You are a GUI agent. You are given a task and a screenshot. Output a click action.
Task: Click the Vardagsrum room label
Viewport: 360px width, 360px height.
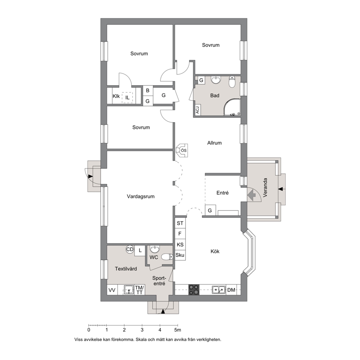140,197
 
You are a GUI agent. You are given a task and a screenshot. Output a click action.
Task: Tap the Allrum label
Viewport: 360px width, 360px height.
214,143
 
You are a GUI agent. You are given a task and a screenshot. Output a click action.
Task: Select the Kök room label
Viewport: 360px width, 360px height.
215,251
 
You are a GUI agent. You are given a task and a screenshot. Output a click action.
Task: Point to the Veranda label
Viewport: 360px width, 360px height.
265,188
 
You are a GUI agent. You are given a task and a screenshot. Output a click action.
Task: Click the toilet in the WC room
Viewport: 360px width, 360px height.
167,257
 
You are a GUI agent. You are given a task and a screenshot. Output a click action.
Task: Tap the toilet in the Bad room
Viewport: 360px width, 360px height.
232,82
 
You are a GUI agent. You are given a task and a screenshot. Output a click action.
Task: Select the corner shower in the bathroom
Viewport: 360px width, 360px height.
232,107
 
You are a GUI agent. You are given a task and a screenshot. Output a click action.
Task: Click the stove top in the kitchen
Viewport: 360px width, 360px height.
194,290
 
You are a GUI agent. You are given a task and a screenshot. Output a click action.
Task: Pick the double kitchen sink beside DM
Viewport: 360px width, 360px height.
218,290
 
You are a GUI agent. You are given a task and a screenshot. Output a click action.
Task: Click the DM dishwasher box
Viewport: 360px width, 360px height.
232,290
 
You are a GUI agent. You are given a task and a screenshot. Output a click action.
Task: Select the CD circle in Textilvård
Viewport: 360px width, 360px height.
130,249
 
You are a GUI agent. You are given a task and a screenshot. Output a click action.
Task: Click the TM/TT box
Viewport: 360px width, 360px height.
139,290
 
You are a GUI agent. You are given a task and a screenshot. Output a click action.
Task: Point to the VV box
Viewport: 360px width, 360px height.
112,290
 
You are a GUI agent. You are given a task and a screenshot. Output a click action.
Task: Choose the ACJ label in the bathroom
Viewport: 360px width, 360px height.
197,109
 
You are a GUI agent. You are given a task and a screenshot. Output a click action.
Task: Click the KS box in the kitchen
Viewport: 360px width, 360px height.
180,245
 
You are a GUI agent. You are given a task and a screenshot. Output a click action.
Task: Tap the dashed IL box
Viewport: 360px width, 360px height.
127,98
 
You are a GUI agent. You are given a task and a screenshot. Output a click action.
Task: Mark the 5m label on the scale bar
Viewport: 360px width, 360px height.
177,330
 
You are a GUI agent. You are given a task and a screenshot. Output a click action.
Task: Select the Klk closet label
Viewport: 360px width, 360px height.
116,96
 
